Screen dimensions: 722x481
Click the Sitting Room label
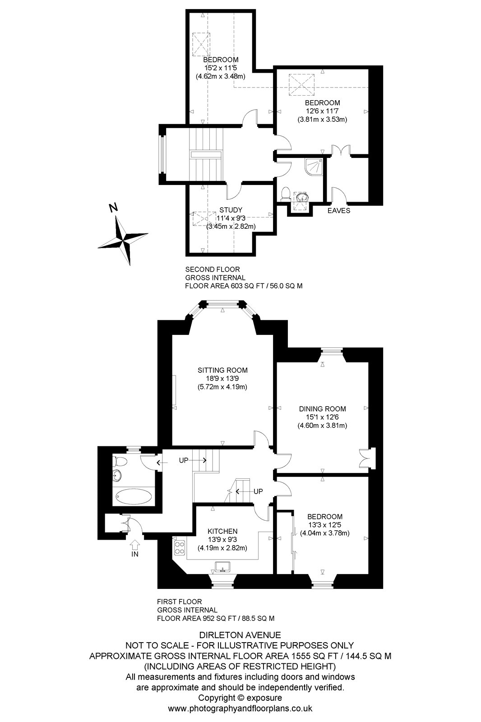tap(222, 370)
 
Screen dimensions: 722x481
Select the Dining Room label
tap(322, 409)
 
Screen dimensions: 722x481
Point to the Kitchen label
tap(222, 531)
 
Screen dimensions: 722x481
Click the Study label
tap(231, 210)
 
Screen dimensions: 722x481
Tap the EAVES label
tap(339, 210)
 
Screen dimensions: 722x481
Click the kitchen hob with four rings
tap(179, 547)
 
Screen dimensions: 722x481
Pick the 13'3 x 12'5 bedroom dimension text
tap(325, 525)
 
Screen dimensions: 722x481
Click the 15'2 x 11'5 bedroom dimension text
tap(221, 68)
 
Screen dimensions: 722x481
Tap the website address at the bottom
tap(240, 709)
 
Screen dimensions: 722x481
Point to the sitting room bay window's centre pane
tap(223, 305)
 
